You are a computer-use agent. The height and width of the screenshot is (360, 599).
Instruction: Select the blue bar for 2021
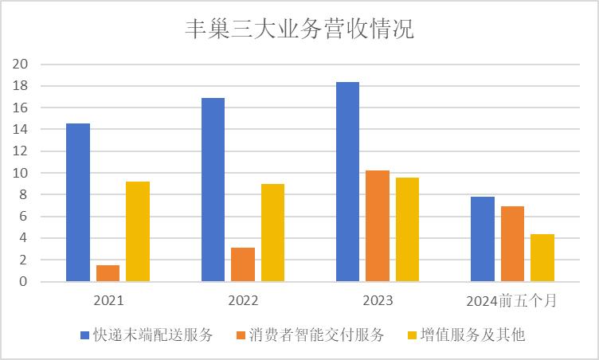(x=78, y=202)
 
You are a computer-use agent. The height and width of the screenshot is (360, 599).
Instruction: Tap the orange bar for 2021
(x=108, y=273)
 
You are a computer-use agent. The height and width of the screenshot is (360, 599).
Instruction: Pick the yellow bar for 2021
(x=138, y=231)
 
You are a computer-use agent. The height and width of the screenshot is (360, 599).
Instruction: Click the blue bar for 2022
(x=213, y=190)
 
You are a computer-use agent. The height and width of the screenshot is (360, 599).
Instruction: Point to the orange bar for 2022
(x=243, y=264)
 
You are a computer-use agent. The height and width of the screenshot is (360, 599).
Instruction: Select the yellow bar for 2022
(x=272, y=233)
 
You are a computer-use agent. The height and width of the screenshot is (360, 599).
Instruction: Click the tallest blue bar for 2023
(x=347, y=182)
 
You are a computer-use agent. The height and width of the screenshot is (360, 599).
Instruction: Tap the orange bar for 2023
(x=378, y=225)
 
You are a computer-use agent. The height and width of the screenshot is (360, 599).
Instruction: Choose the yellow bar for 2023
(x=407, y=229)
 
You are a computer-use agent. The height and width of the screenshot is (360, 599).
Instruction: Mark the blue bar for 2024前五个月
(x=483, y=239)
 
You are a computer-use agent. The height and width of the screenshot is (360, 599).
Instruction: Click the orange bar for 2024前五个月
(x=512, y=244)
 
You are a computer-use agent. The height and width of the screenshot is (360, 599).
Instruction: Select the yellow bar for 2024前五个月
(x=542, y=257)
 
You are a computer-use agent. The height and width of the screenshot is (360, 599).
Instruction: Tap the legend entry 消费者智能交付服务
(x=313, y=335)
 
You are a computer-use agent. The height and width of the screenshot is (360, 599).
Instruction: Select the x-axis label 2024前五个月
(x=512, y=302)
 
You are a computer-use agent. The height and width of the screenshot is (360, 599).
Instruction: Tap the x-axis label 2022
(x=243, y=302)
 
